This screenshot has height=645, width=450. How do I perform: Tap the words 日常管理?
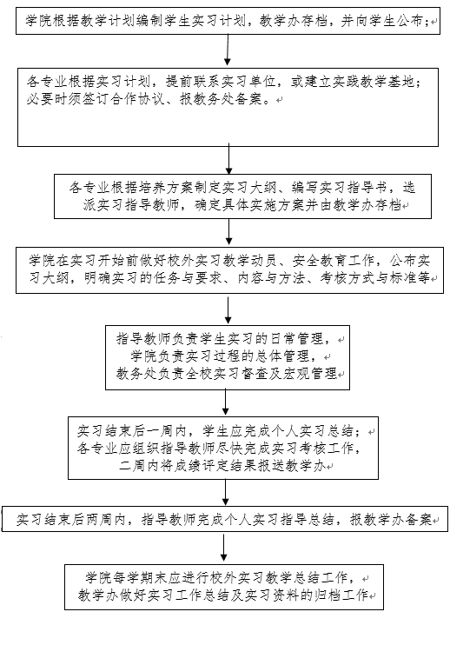point(297,338)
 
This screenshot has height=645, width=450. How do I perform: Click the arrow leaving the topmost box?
point(228,50)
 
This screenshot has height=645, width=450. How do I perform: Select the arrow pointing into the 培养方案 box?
point(228,159)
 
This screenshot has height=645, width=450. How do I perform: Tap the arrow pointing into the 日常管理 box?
point(228,310)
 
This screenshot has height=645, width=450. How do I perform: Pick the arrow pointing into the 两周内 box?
point(225,492)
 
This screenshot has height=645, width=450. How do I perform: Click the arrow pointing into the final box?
point(223,548)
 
